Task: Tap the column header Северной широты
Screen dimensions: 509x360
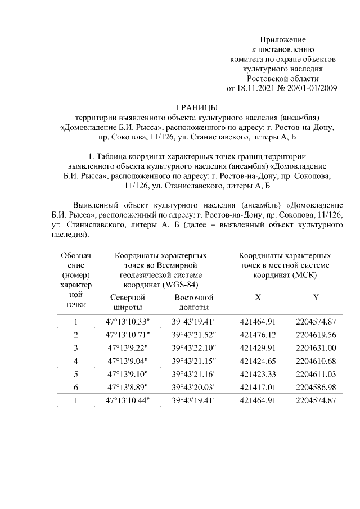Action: [128, 302]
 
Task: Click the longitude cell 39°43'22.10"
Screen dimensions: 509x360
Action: [194, 348]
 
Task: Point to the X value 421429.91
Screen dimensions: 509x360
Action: [258, 348]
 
